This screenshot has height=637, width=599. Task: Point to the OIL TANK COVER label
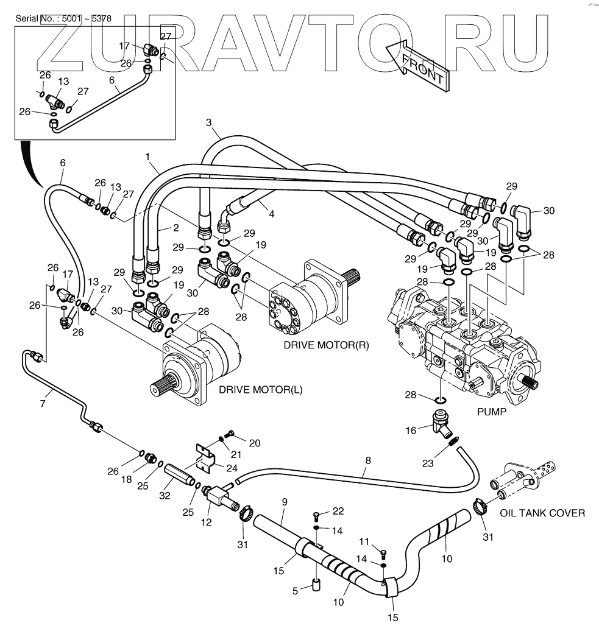[542, 513]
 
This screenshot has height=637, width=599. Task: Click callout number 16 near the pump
[411, 431]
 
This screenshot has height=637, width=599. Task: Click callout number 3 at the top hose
[209, 123]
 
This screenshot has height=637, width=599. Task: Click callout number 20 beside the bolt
[254, 443]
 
